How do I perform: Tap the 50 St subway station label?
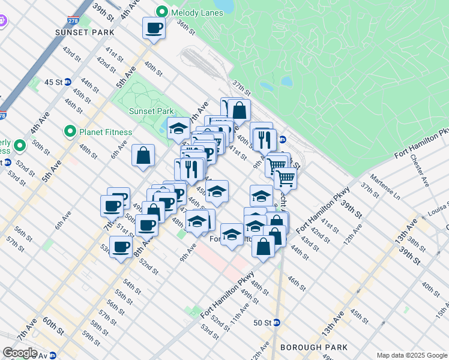tap(262, 322)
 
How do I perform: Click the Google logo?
tap(20, 353)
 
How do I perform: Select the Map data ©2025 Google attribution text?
tap(411, 355)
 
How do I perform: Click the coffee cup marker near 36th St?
tap(154, 28)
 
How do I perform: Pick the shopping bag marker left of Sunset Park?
tap(144, 156)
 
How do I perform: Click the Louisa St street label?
tap(439, 212)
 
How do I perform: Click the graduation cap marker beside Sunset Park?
tap(178, 128)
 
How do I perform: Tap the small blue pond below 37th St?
tap(286, 81)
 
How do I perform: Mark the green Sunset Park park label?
tap(151, 111)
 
